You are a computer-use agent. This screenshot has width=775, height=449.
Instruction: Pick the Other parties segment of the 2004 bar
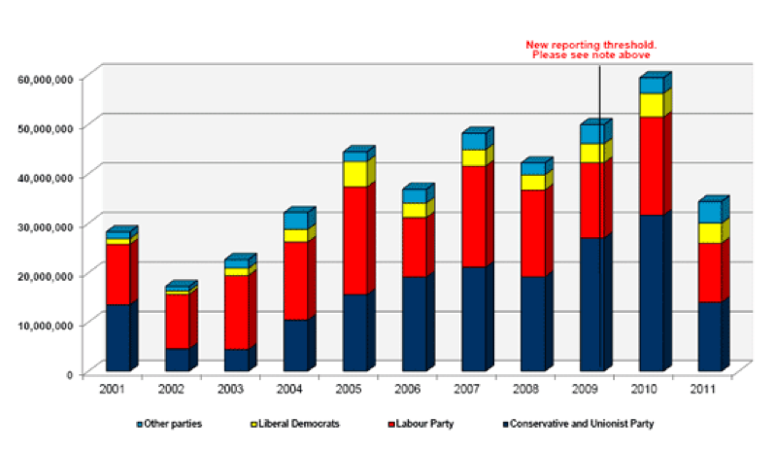point(295,221)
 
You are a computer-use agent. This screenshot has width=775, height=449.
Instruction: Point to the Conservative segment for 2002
point(177,359)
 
